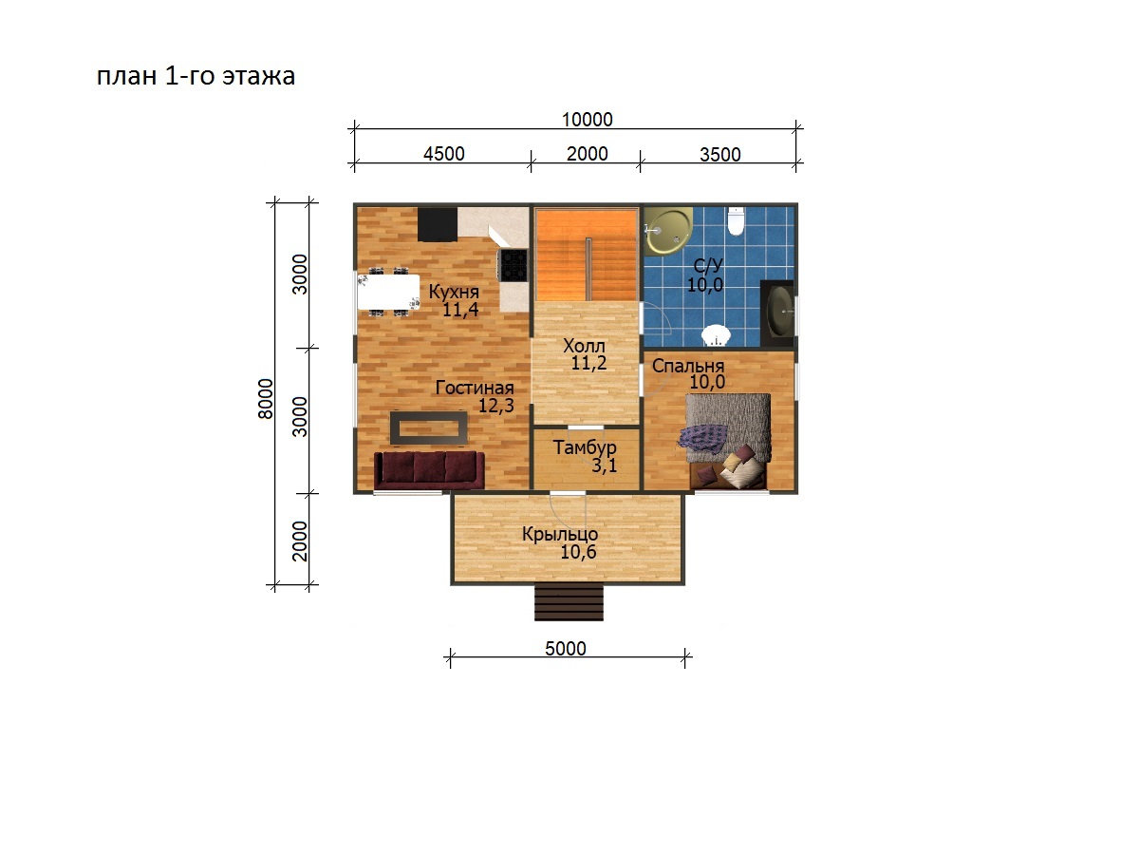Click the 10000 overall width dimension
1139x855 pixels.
click(x=587, y=120)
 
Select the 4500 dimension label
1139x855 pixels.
click(x=443, y=154)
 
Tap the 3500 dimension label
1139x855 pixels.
click(x=719, y=155)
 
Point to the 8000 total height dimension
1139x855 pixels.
click(x=265, y=399)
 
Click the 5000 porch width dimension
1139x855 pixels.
click(x=565, y=649)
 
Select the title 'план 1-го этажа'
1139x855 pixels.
click(x=196, y=76)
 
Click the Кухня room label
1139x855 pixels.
click(x=454, y=292)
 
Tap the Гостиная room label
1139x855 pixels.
click(x=475, y=388)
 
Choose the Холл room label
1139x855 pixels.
click(x=584, y=346)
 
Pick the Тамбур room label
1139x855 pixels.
click(x=585, y=447)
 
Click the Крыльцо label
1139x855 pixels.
click(x=560, y=534)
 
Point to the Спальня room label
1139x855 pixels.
click(x=688, y=366)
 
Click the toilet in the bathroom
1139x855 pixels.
click(x=736, y=221)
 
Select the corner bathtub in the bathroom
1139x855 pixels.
click(x=668, y=232)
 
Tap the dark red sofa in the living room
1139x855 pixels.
click(x=429, y=470)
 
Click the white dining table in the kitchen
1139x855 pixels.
click(x=388, y=292)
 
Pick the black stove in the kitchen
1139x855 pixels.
click(x=513, y=265)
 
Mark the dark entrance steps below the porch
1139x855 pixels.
click(x=569, y=602)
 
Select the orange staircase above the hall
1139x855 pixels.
click(x=587, y=255)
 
